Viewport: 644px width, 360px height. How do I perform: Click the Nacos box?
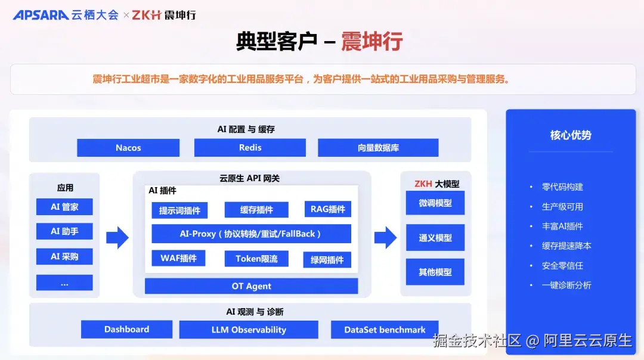128,148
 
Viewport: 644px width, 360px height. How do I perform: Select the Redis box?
250,148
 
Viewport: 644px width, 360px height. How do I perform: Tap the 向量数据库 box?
378,148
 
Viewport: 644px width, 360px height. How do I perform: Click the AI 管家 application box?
64,207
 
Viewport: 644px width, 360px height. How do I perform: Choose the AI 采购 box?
64,256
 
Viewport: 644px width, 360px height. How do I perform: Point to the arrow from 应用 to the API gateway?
117,237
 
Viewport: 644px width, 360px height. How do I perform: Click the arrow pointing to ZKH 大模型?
385,237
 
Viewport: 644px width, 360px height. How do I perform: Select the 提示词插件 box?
179,210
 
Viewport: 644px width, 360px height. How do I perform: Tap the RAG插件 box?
327,209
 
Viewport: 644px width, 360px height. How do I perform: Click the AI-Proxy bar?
251,234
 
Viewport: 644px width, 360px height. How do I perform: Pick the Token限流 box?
256,259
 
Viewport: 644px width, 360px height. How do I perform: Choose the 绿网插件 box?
327,260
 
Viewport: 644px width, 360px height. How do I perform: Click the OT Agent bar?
251,286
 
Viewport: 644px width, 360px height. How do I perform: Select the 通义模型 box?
435,238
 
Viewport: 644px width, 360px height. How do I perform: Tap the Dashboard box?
126,330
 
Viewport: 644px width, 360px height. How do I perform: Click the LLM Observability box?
249,330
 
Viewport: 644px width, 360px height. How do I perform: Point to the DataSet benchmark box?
385,330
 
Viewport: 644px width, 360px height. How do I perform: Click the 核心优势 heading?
570,135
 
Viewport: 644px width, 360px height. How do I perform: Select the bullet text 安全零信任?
562,265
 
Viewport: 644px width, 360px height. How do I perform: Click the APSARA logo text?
41,15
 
